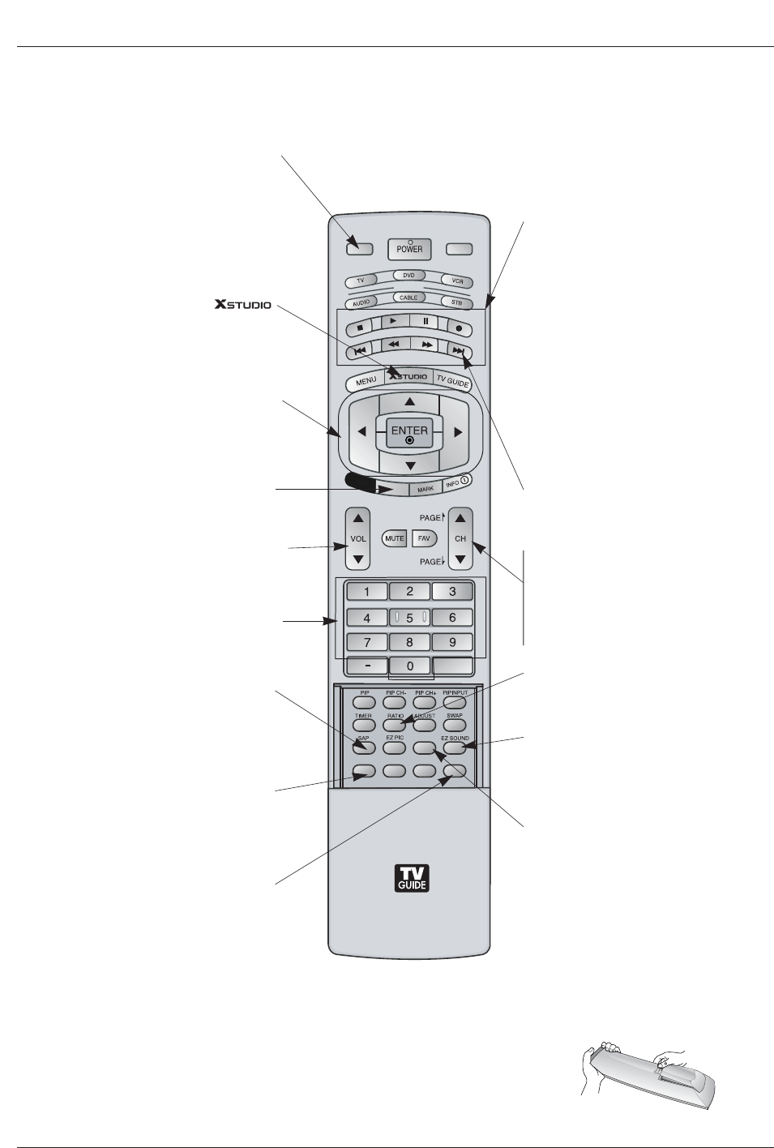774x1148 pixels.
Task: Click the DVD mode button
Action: tap(408, 276)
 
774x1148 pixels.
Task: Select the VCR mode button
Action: tap(456, 281)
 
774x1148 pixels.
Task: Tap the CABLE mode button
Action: tap(408, 298)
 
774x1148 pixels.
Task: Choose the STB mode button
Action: tap(456, 303)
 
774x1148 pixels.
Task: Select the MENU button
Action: tap(366, 380)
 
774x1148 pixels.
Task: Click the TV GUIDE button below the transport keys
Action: tap(452, 379)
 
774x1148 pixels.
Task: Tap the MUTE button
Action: tap(394, 538)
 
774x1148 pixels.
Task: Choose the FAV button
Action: tap(422, 538)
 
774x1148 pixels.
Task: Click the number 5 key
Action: tap(409, 618)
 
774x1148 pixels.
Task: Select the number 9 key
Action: tap(452, 642)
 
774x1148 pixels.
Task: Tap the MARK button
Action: tap(425, 489)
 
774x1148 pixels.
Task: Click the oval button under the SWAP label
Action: tap(455, 724)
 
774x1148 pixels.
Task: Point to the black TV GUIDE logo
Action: tap(410, 879)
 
